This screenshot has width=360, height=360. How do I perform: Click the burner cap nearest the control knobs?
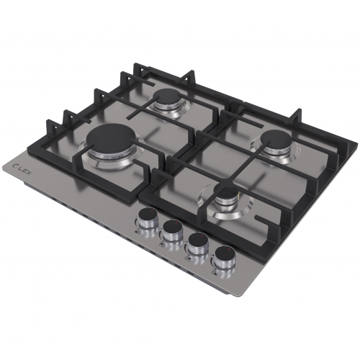coord(226,194)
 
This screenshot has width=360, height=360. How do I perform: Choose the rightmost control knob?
coord(225,256)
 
